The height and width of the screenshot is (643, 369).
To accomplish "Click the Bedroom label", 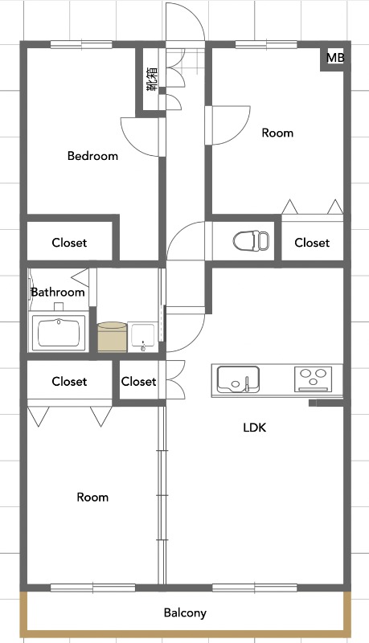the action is tap(92, 156).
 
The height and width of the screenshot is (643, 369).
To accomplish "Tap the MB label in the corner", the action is tap(335, 58).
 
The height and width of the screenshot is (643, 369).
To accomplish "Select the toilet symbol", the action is tap(251, 240).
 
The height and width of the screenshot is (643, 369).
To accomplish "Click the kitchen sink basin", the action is tap(238, 379).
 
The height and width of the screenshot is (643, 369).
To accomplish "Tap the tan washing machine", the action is tap(113, 337).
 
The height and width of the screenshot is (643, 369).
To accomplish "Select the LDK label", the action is tap(255, 428).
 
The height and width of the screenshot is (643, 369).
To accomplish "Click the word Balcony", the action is tap(185, 613).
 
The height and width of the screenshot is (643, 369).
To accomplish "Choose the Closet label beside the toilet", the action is tap(312, 243).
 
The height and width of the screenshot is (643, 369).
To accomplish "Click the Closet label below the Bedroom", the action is tap(69, 243).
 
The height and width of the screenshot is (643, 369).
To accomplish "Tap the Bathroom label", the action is tap(58, 292).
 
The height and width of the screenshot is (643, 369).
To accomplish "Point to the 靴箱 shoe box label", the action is tap(152, 79).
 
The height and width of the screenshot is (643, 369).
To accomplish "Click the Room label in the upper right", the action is tap(277, 133).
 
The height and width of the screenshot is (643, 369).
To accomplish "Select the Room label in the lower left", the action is tap(92, 498).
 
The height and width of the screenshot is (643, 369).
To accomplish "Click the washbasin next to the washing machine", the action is tap(142, 338).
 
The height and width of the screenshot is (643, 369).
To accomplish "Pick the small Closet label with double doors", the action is tap(138, 381).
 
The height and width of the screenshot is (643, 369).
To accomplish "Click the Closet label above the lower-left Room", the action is tap(69, 381).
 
